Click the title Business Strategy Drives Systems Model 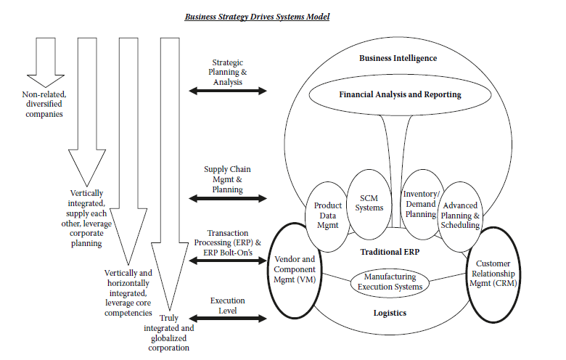(x=257, y=15)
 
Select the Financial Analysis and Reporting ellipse (x=400, y=95)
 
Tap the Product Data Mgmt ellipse (x=328, y=216)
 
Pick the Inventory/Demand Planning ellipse (x=419, y=204)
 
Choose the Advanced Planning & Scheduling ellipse (x=460, y=216)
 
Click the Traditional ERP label (x=391, y=252)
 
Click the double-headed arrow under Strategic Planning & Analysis (x=227, y=91)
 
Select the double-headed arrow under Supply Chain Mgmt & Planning (x=227, y=197)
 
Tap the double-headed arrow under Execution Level (x=227, y=318)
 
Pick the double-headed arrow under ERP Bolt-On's (x=227, y=259)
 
